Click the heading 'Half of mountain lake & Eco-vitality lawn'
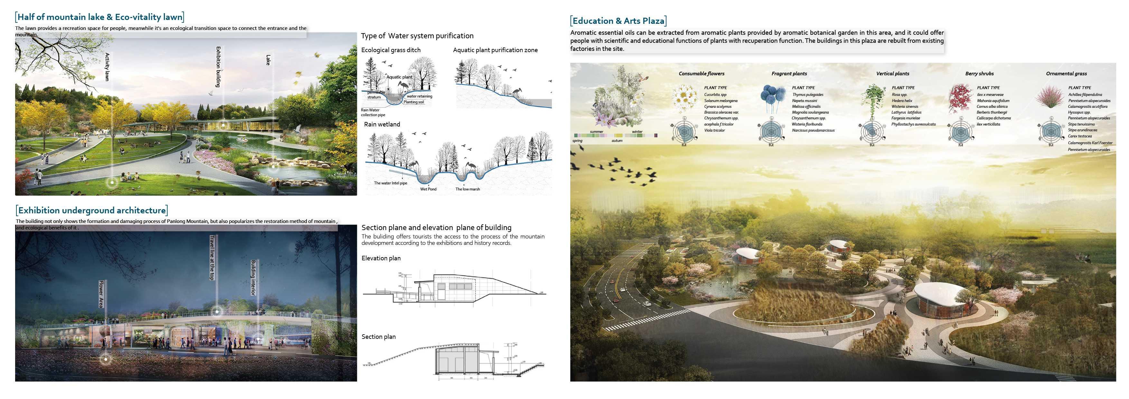(99, 17)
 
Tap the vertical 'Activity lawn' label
(107, 67)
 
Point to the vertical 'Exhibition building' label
(218, 67)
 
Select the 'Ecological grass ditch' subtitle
(390, 50)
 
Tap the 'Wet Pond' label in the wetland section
(428, 189)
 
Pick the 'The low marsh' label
(467, 189)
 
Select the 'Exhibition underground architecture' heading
(92, 210)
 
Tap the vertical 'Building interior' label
(253, 277)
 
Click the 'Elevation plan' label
(381, 258)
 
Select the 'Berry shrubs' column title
(979, 74)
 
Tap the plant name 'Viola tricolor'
(714, 130)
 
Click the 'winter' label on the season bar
(637, 131)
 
